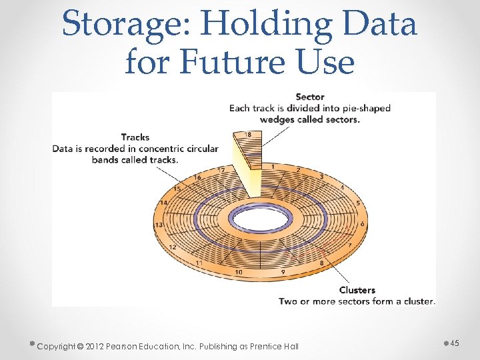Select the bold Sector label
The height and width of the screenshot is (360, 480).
309,97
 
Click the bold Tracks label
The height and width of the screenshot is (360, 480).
135,137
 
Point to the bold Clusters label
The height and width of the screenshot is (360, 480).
357,290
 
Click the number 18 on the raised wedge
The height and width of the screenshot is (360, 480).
248,135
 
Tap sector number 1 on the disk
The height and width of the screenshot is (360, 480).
273,166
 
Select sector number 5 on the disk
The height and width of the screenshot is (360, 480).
358,203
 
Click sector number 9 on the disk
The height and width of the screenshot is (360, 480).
283,272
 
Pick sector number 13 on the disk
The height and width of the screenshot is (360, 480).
159,225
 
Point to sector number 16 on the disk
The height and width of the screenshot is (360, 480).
197,177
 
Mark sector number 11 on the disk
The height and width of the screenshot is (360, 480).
199,263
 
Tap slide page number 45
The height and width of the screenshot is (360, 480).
455,343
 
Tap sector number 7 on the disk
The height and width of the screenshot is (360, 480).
349,245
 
